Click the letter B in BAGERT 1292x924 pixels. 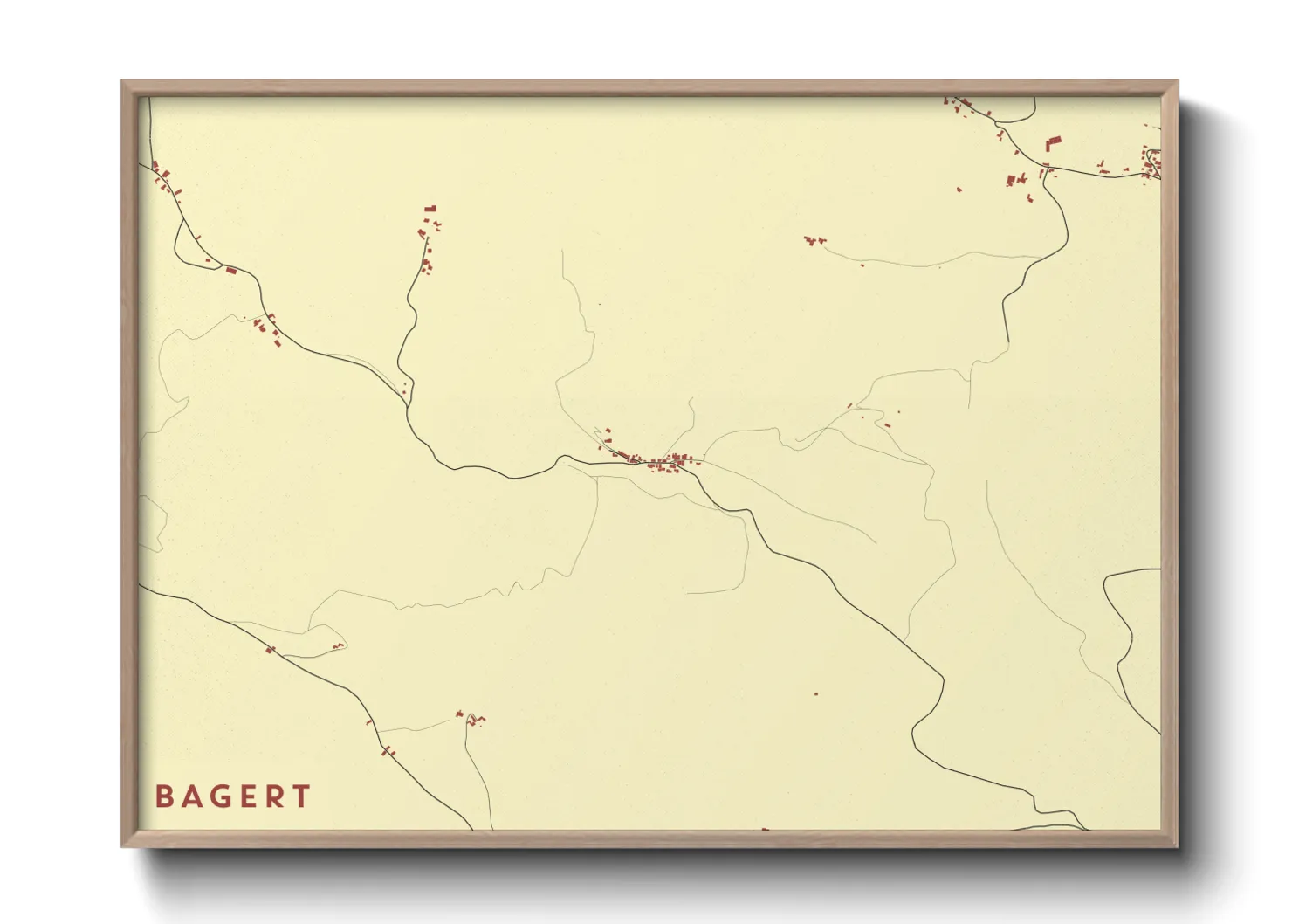pos(163,796)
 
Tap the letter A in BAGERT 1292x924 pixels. pos(192,796)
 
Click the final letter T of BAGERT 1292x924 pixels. pos(301,796)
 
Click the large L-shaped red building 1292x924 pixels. pos(1054,143)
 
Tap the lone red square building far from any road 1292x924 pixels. pos(816,694)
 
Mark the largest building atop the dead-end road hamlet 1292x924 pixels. pos(430,209)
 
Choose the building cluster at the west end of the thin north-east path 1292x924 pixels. pos(814,240)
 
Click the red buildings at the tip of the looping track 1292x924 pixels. pos(476,719)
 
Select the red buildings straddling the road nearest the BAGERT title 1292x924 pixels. pos(386,749)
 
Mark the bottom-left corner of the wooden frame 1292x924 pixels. pos(122,846)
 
